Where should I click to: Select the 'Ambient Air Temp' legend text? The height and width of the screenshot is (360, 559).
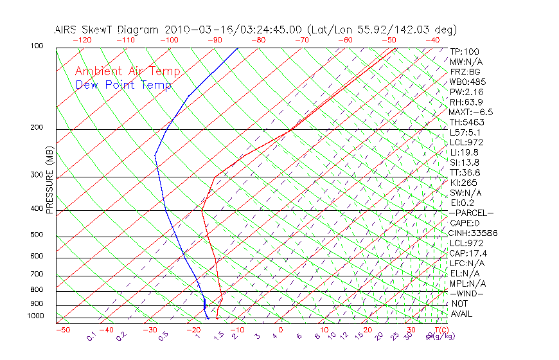[128, 71]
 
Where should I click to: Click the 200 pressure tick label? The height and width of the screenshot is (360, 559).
[37, 128]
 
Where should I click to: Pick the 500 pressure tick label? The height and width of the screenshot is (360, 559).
[37, 235]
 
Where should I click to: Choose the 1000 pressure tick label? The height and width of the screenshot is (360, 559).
[35, 316]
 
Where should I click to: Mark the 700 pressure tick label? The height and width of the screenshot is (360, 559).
[37, 275]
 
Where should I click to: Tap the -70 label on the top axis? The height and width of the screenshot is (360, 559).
[302, 40]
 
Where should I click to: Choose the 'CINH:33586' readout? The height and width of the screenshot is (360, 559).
[474, 233]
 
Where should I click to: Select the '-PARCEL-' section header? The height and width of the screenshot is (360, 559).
[471, 213]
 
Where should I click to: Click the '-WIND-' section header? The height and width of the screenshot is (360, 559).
[466, 293]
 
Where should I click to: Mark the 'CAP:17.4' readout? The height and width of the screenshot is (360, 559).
[468, 253]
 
